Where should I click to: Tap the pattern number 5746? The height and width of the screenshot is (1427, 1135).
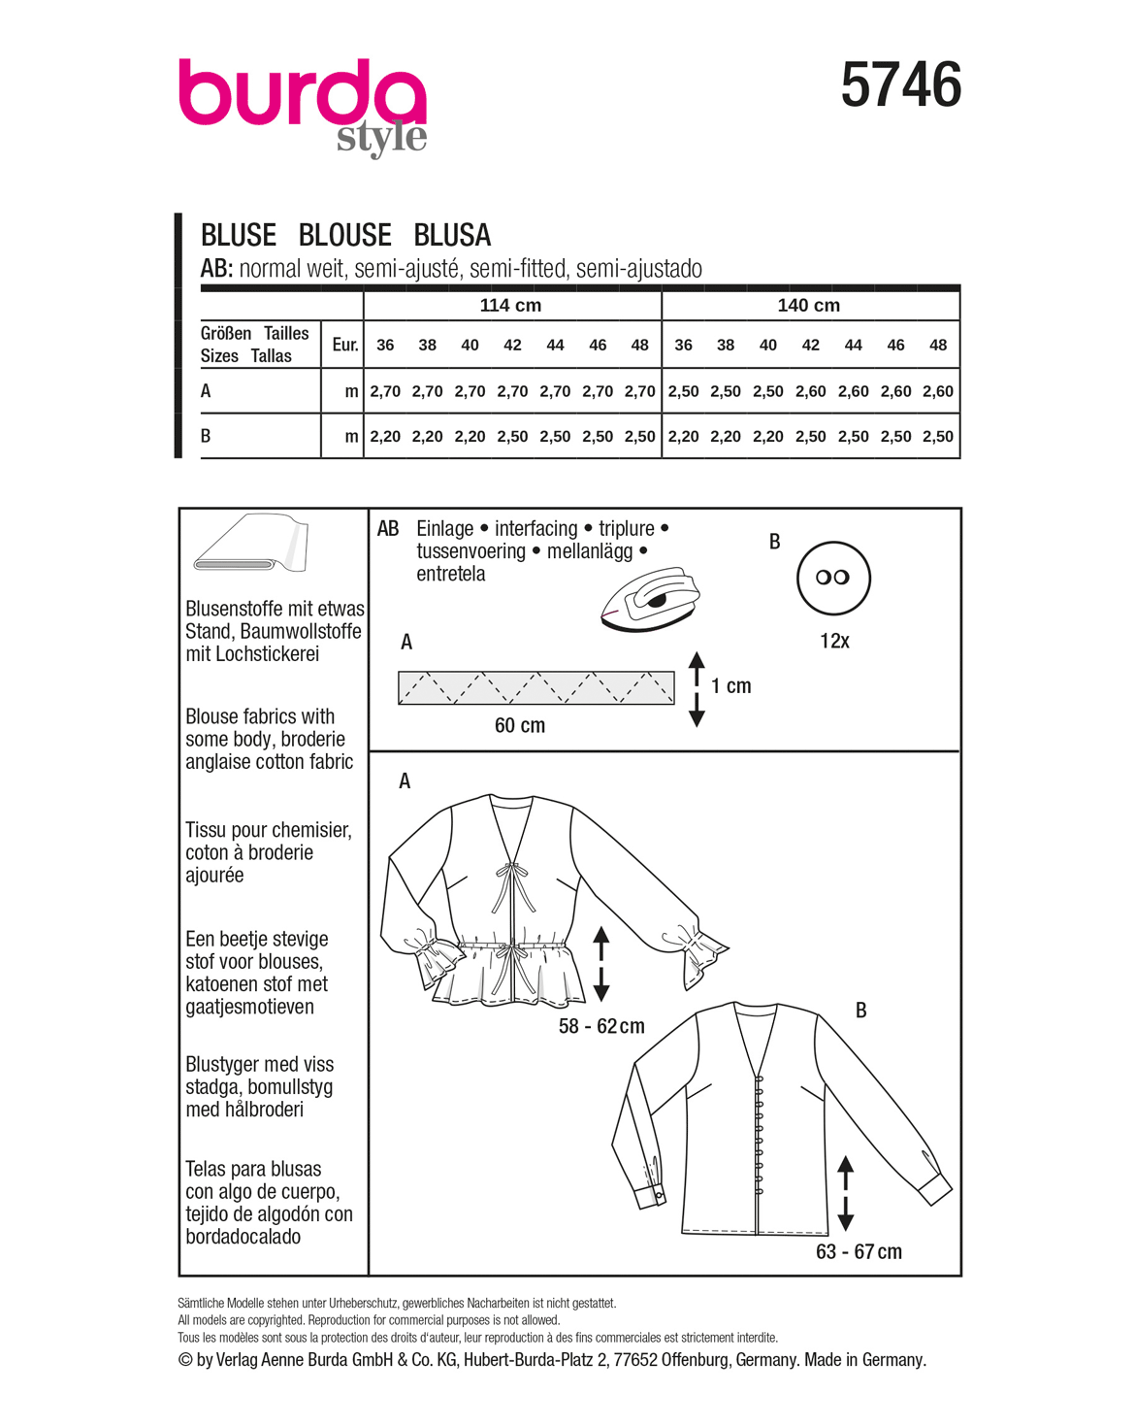click(900, 85)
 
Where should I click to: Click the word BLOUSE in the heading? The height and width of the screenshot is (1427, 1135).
click(344, 235)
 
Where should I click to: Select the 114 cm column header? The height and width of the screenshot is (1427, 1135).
click(510, 305)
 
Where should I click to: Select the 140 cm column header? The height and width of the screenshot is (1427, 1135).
click(808, 305)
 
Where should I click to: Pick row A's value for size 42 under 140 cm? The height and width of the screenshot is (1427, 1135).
click(810, 391)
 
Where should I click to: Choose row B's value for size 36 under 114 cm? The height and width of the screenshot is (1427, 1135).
click(385, 437)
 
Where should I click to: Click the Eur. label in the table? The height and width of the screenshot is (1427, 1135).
click(344, 345)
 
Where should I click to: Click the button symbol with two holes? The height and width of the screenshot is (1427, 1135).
click(833, 578)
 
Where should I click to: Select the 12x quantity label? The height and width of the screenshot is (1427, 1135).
click(834, 641)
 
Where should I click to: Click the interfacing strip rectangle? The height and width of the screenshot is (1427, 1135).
click(535, 687)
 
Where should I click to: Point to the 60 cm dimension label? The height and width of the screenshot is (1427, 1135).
click(520, 725)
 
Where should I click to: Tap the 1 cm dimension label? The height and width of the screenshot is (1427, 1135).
click(730, 686)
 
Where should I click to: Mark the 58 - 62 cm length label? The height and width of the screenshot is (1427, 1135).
click(601, 1026)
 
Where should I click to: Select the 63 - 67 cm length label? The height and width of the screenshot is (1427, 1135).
click(859, 1251)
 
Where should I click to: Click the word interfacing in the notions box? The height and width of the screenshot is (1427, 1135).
click(535, 528)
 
